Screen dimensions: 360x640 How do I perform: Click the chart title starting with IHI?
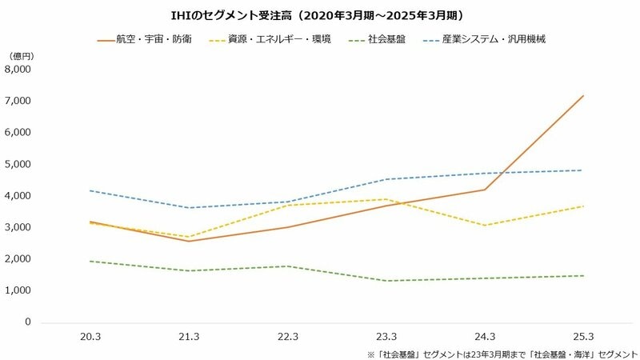320,15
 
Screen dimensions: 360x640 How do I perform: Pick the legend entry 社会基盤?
387,38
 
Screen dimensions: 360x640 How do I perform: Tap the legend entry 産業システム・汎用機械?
492,38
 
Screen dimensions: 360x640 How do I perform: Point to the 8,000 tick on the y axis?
17,70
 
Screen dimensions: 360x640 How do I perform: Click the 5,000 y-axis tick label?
17,164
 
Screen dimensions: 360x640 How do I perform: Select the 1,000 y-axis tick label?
17,290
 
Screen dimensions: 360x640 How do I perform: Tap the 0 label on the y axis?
26,322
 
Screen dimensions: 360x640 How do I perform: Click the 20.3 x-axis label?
90,337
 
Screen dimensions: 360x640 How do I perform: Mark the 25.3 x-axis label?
583,337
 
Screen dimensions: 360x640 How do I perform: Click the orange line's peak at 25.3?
583,96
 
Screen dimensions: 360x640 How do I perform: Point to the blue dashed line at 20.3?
90,190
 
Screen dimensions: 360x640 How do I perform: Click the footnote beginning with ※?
497,352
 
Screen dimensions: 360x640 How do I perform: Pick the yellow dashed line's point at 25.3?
583,206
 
